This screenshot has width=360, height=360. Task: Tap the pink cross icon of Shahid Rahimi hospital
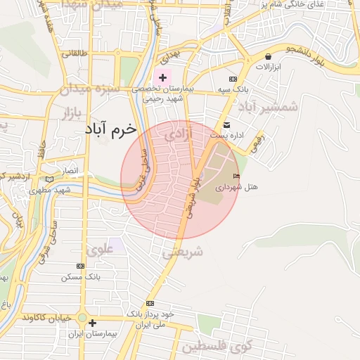point(163,77)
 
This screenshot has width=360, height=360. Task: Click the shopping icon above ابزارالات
point(268,56)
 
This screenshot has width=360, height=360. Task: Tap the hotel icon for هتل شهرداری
point(236,176)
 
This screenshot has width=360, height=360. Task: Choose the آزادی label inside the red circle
point(179,136)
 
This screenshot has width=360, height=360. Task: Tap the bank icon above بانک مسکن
point(80,266)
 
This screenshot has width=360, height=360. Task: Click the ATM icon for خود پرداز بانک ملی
point(149,303)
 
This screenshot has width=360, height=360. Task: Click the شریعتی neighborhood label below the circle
point(182,252)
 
